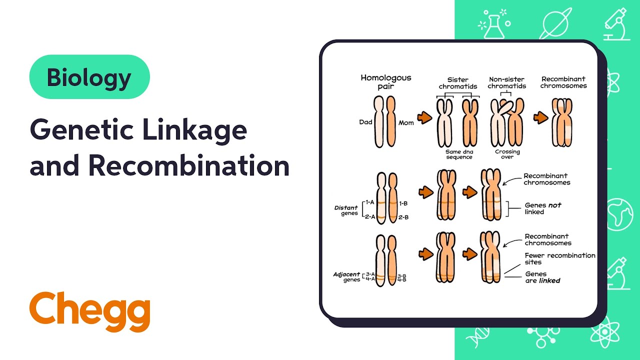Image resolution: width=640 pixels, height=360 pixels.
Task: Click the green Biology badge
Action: point(89,77)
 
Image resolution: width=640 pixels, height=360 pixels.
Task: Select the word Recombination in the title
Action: point(189,166)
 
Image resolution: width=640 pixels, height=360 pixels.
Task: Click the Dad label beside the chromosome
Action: point(365,122)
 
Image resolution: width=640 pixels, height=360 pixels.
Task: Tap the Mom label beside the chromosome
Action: point(406,122)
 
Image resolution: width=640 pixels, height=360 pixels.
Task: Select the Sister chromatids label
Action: point(458,82)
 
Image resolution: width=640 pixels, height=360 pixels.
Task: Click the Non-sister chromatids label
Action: point(507,82)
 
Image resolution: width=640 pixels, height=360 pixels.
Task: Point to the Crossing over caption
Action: point(507,154)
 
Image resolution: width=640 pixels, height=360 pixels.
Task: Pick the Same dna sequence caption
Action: point(459,154)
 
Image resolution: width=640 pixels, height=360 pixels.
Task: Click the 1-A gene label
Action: point(370,202)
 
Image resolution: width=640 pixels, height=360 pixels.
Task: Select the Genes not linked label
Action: point(542,208)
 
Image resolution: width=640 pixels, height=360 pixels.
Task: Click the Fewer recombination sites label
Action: point(560,258)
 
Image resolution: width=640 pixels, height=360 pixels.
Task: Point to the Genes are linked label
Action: point(542,277)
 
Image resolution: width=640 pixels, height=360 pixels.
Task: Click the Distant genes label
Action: point(346,210)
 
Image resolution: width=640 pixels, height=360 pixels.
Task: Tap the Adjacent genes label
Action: point(347,277)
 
